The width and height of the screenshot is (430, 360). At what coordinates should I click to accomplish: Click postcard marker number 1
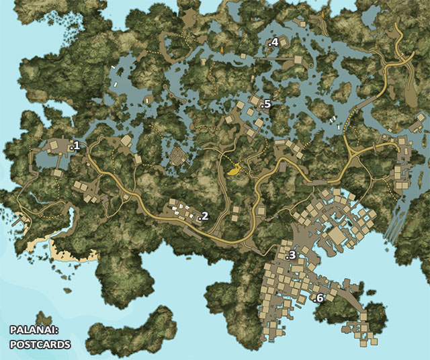click(75, 145)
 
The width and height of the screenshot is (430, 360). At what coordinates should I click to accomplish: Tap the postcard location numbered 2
click(204, 216)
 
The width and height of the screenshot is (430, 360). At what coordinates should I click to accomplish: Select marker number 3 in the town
click(291, 256)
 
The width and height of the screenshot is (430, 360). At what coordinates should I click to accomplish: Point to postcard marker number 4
click(273, 42)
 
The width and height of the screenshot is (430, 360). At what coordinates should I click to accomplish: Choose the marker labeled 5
click(267, 104)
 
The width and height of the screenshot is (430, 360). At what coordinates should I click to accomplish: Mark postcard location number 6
click(319, 297)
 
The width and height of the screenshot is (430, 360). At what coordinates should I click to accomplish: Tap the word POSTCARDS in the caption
click(40, 344)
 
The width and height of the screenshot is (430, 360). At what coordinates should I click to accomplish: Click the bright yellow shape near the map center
click(234, 170)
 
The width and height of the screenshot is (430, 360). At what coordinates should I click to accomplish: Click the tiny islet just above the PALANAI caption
click(44, 318)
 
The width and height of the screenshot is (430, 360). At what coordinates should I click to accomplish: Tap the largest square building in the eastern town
click(334, 236)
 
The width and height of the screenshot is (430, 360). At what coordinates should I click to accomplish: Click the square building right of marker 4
click(284, 42)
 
